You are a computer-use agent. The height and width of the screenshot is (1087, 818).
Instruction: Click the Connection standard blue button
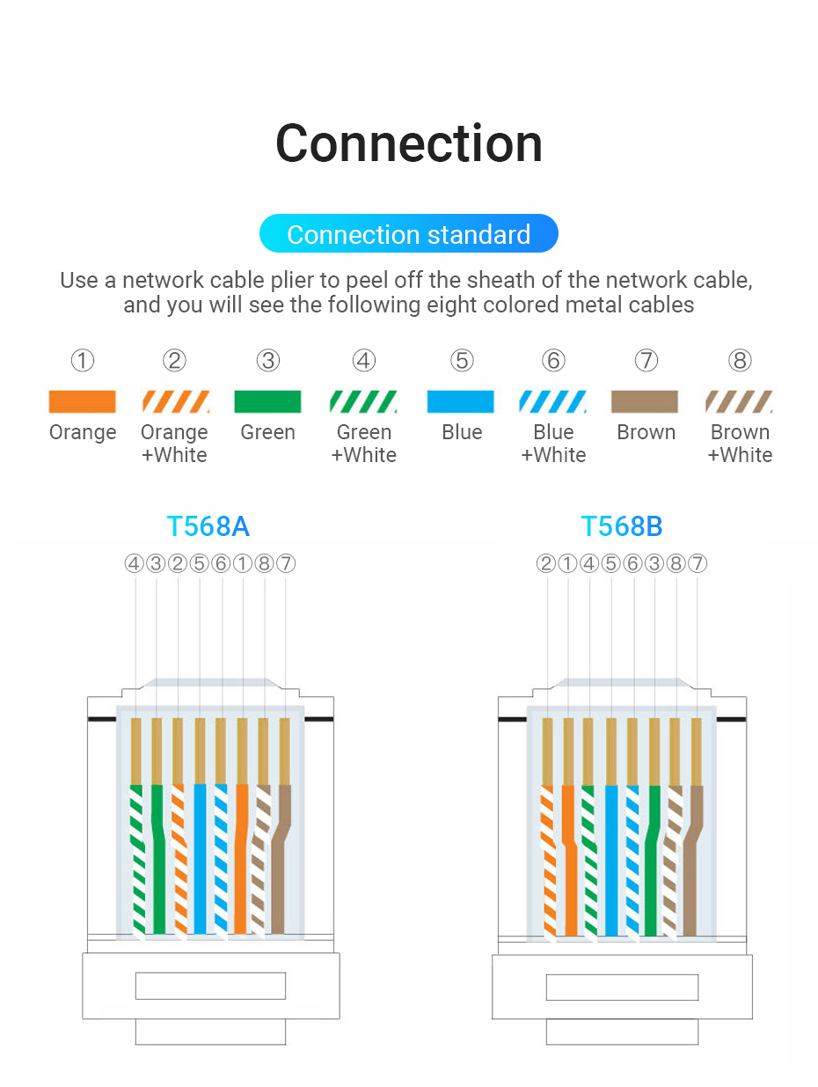pos(409,234)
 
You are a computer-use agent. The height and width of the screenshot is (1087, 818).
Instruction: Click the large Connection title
pos(409,143)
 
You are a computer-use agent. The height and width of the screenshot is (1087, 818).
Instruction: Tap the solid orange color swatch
pos(82,402)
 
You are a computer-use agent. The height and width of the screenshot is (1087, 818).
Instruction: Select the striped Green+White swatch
pos(363,402)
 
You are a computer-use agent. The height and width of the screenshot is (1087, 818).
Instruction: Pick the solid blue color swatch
pos(460,402)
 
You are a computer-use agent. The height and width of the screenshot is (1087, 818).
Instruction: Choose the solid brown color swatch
pos(645,402)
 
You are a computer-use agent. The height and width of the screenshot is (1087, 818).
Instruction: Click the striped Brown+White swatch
pos(739,402)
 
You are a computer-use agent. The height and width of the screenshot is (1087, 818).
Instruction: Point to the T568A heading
pos(208,526)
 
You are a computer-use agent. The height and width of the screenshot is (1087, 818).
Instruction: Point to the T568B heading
pos(621,526)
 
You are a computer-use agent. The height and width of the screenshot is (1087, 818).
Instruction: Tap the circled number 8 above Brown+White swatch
pos(740,361)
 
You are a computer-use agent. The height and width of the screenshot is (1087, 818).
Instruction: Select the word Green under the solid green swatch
pos(267,432)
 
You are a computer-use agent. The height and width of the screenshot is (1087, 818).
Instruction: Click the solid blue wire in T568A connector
pos(201,858)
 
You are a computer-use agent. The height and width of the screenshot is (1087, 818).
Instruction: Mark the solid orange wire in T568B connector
pos(569,858)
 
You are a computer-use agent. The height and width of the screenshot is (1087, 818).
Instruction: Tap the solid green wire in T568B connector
pos(652,867)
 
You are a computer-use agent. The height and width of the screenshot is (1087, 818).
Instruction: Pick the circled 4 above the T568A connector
pos(134,563)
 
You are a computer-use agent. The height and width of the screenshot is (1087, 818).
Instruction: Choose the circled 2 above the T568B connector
pos(546,563)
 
